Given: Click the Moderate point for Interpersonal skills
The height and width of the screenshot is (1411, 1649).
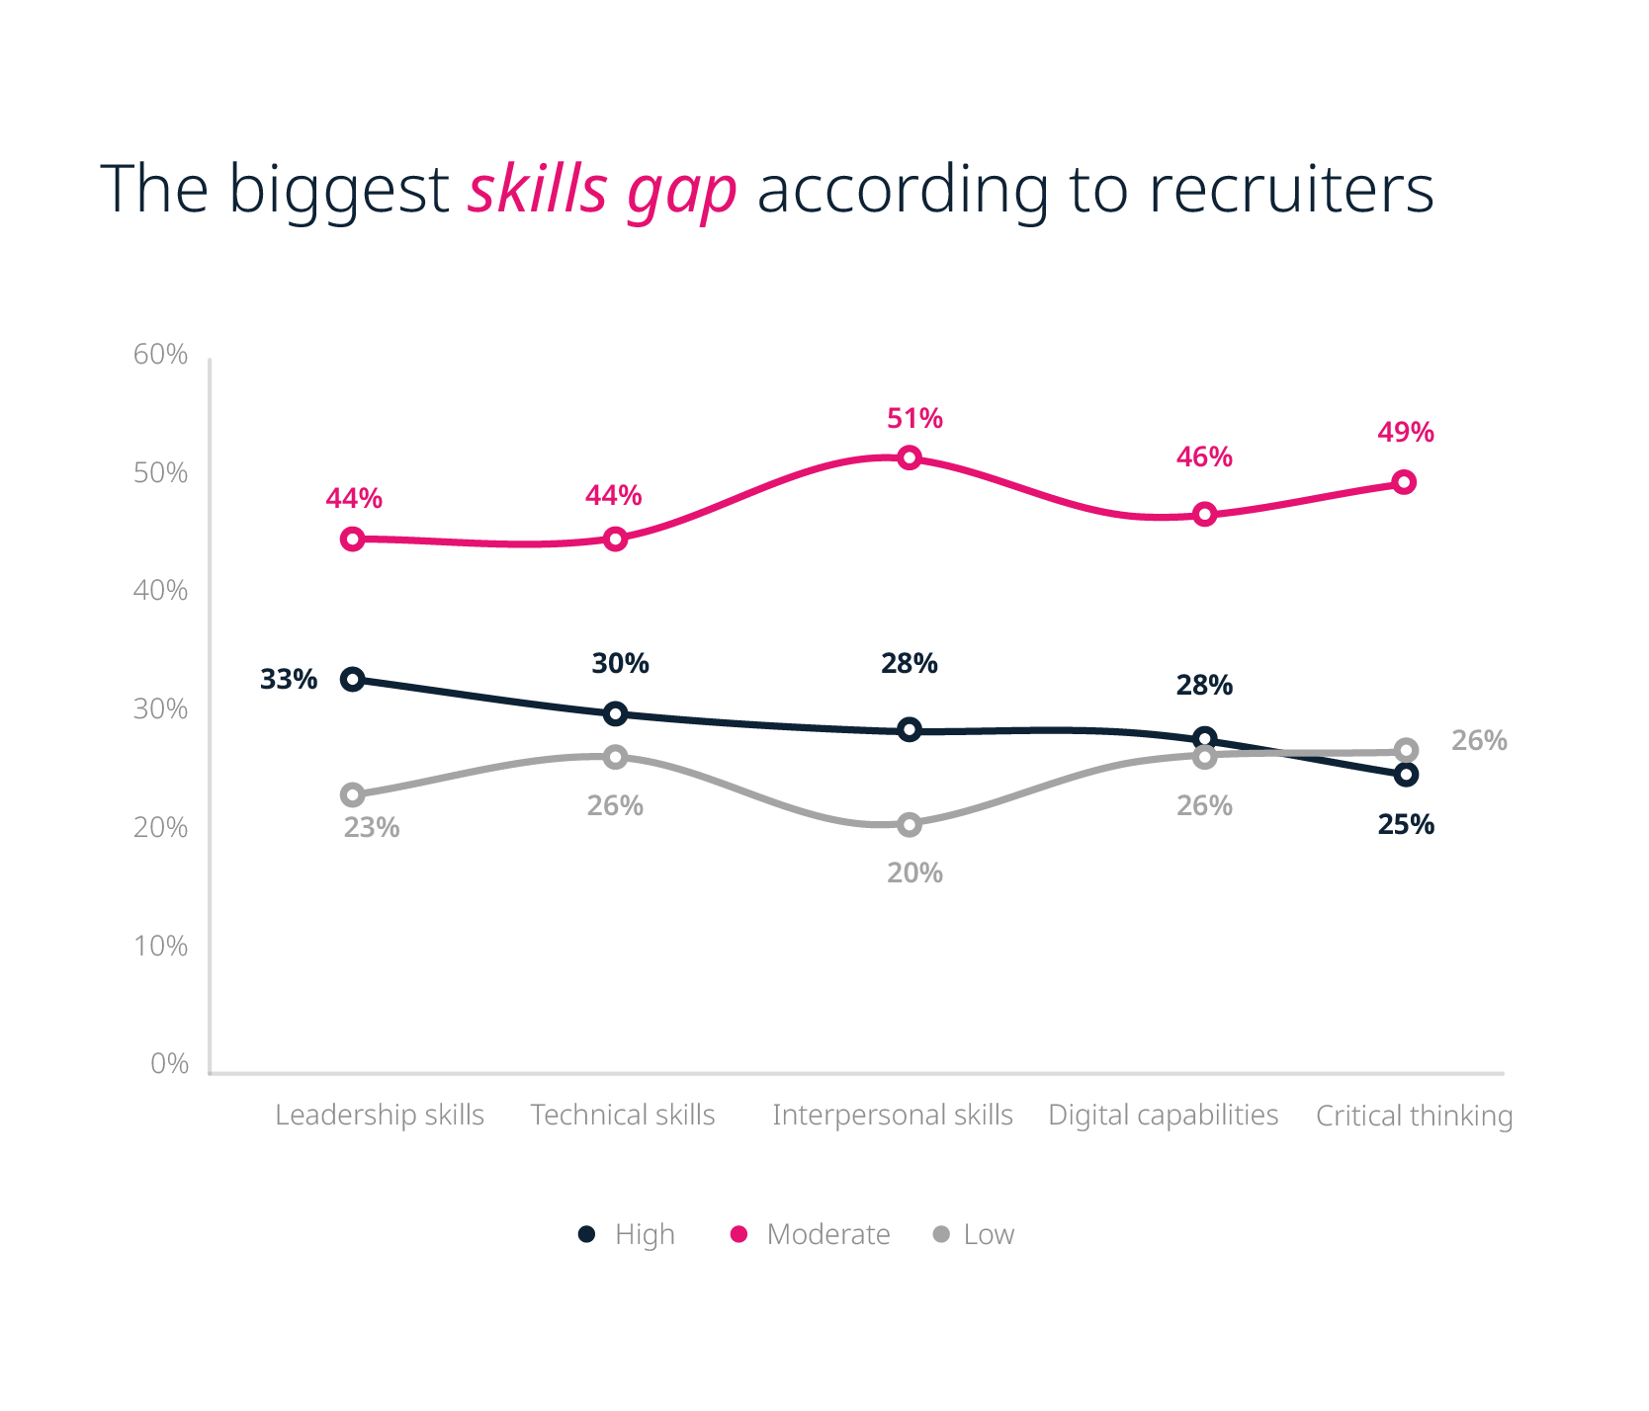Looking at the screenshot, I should pos(910,457).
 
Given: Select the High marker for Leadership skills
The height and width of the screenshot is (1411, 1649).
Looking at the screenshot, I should pos(353,679).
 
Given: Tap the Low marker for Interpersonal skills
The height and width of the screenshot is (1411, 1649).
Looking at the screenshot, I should pos(910,824).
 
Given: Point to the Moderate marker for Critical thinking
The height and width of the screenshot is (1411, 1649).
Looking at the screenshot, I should pos(1404,482).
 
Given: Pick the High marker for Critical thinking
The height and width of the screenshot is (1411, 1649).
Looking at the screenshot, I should pos(1406,775).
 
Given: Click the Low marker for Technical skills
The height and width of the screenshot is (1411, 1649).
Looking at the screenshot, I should pos(615,757).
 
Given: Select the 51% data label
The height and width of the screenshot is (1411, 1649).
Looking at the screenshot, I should pos(914,419).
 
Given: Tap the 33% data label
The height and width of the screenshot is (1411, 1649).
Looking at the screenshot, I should pos(289,680).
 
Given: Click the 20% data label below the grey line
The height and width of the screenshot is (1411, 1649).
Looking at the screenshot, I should pos(914,873).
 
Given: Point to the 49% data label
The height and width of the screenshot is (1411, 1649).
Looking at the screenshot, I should pos(1405,433).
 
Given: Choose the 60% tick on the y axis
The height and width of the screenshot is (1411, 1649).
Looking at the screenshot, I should pos(161,355).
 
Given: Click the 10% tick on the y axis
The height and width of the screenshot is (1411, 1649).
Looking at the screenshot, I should pos(161,947).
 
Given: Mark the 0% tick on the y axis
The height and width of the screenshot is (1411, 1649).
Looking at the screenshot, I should pos(169,1064).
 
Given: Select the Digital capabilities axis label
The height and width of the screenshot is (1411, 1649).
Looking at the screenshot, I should pos(1163,1116).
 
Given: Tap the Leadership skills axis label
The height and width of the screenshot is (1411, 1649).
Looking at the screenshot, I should pos(380,1116).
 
